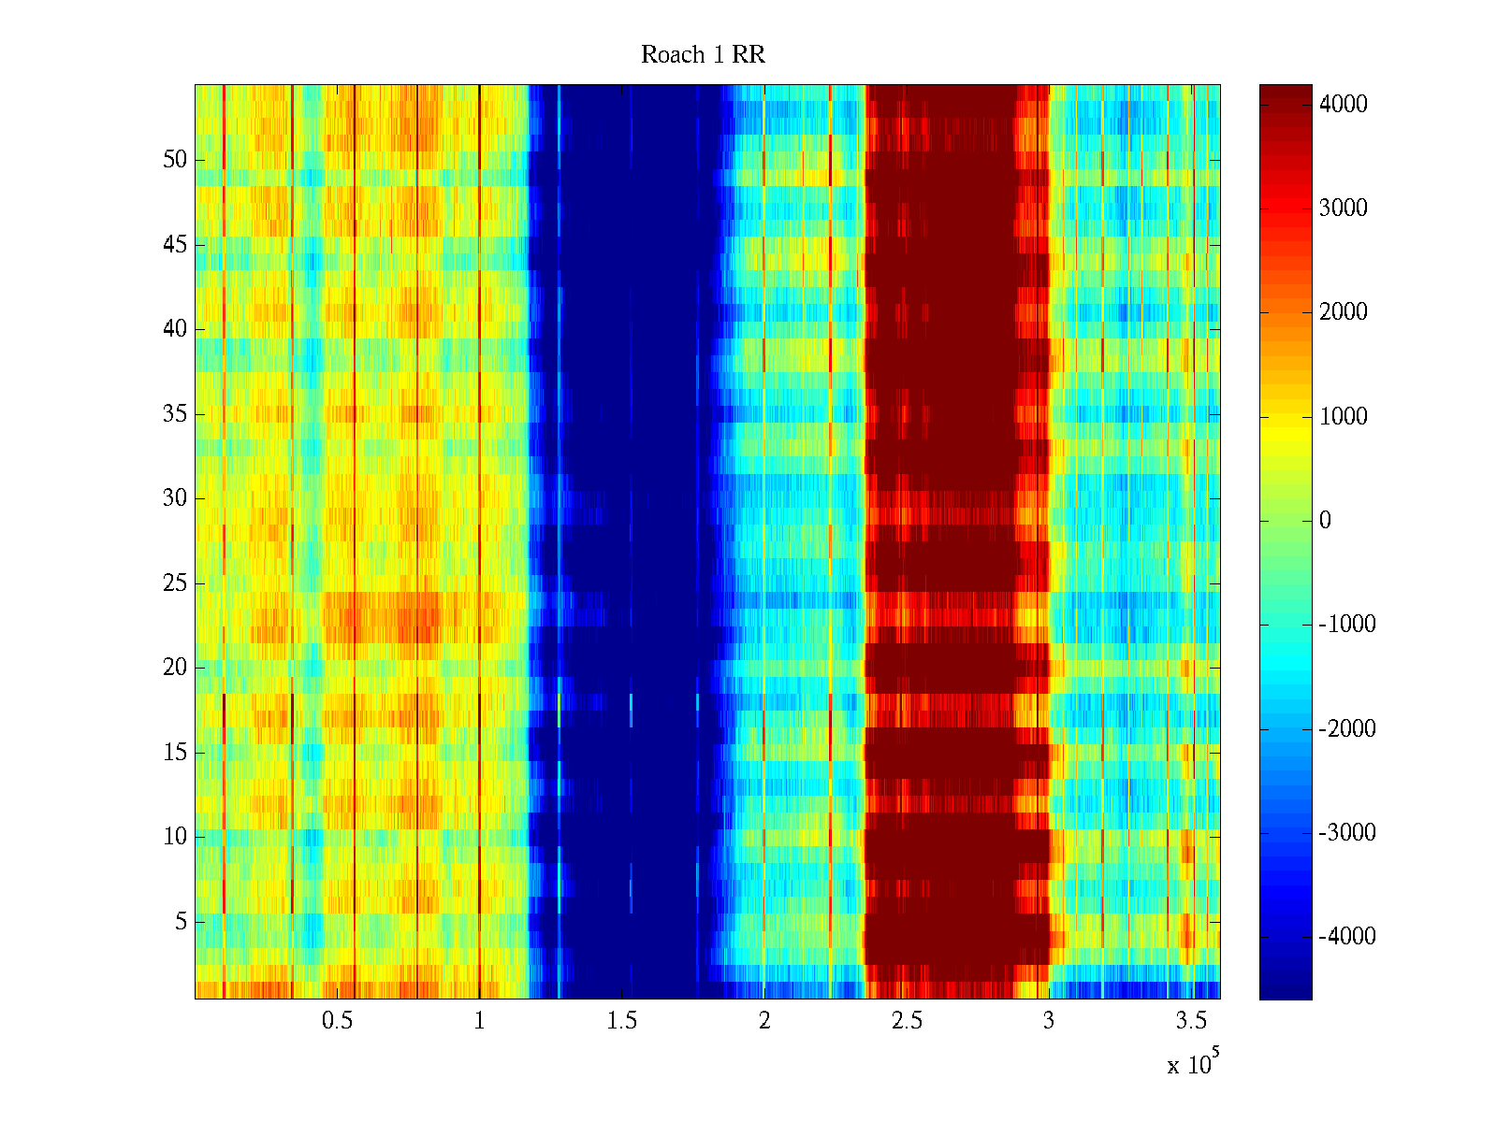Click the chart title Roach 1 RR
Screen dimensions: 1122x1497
click(x=703, y=55)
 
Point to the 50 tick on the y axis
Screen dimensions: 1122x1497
click(x=175, y=160)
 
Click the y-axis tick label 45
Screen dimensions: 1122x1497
click(x=175, y=245)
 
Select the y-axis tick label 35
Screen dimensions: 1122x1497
click(x=175, y=414)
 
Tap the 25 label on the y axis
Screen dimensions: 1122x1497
click(x=175, y=583)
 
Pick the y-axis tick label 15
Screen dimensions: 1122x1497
click(x=175, y=753)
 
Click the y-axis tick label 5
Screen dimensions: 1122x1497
click(x=181, y=922)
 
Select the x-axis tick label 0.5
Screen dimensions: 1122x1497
click(x=337, y=1021)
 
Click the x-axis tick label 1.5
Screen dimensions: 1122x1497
click(x=621, y=1021)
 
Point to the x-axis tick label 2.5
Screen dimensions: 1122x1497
click(x=906, y=1021)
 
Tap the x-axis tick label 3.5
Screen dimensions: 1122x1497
click(x=1191, y=1021)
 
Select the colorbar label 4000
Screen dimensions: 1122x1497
click(x=1343, y=105)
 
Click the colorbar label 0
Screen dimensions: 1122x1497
click(x=1325, y=521)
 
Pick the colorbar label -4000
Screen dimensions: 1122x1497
click(x=1346, y=937)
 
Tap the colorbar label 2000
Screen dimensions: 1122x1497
click(x=1343, y=312)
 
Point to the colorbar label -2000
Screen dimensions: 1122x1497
click(x=1346, y=729)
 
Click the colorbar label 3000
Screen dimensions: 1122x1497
click(x=1343, y=209)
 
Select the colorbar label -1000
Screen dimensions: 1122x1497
click(x=1346, y=625)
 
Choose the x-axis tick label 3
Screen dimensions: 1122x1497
click(x=1048, y=1021)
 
